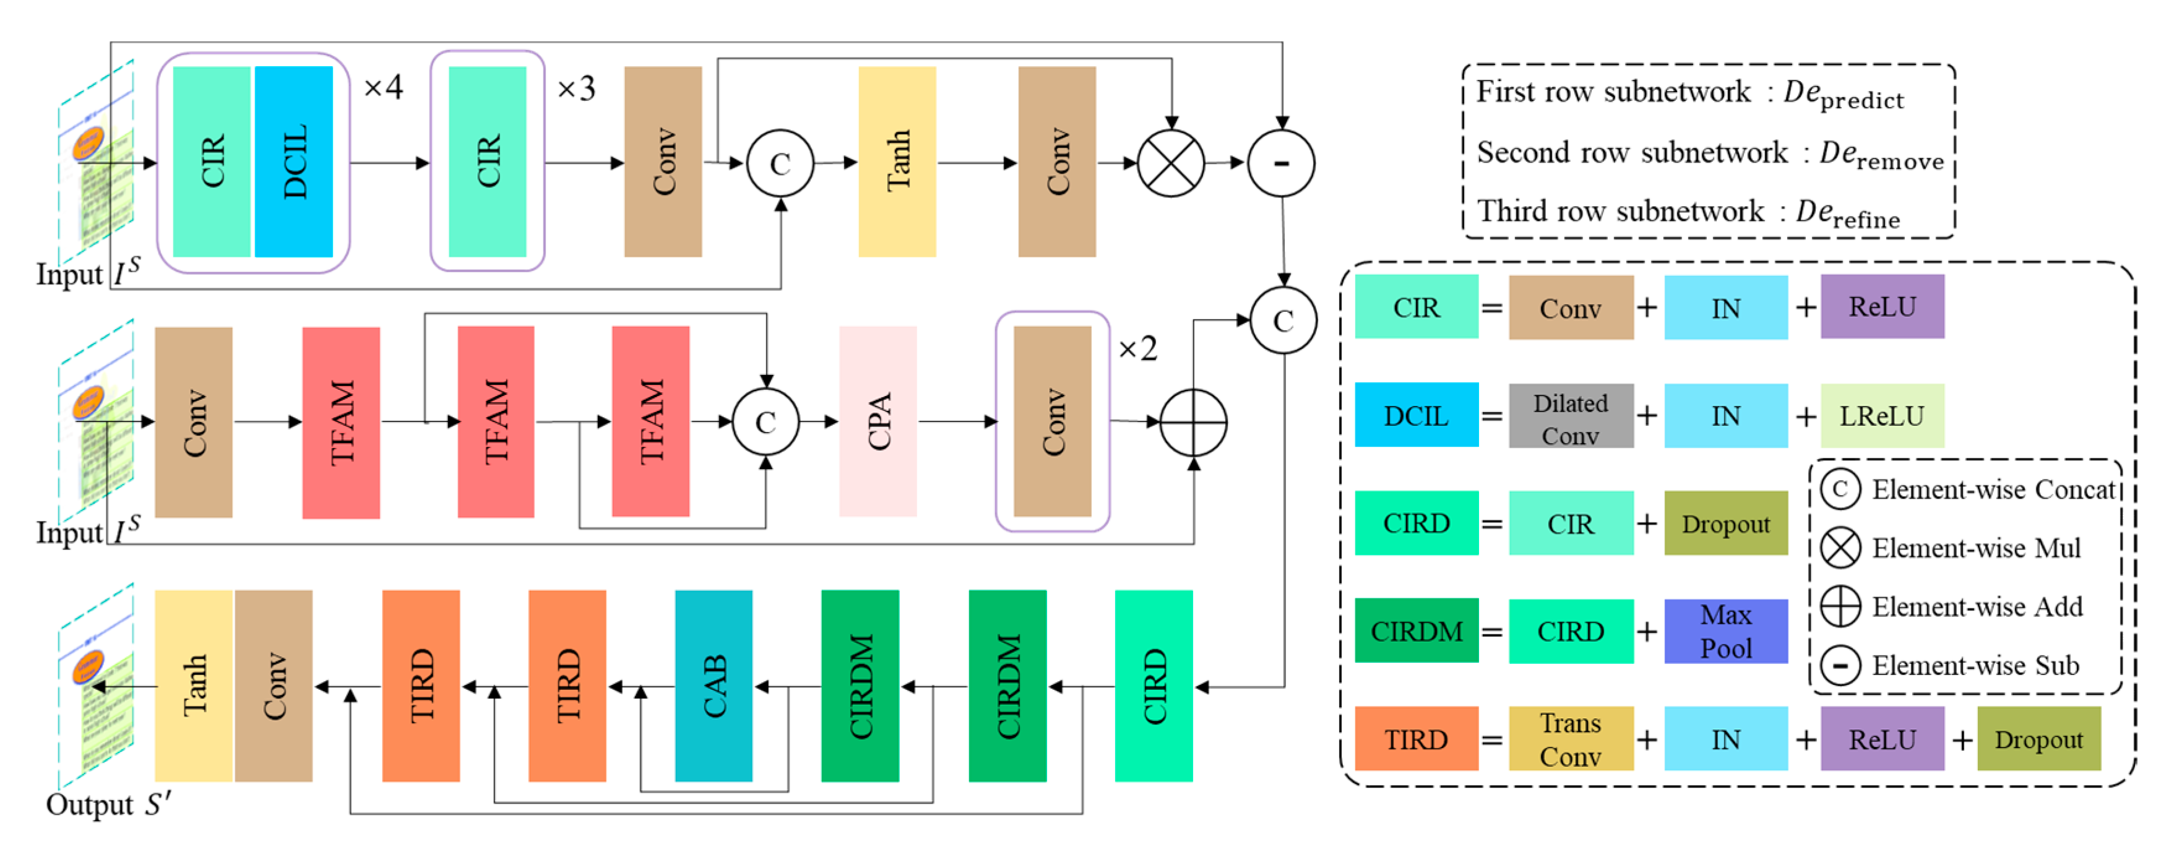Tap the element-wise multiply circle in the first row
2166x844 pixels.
(1170, 163)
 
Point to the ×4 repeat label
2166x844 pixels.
(382, 87)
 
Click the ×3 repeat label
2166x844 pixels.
(576, 88)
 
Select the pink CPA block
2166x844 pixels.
(877, 421)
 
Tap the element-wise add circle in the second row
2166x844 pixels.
(1193, 422)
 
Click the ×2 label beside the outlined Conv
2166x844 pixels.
(1137, 348)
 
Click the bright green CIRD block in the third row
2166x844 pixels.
(1153, 686)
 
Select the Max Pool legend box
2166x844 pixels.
(1725, 631)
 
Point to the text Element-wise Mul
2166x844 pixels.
(1975, 548)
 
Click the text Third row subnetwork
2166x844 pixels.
(1620, 210)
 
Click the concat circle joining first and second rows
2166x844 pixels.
(1283, 321)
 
